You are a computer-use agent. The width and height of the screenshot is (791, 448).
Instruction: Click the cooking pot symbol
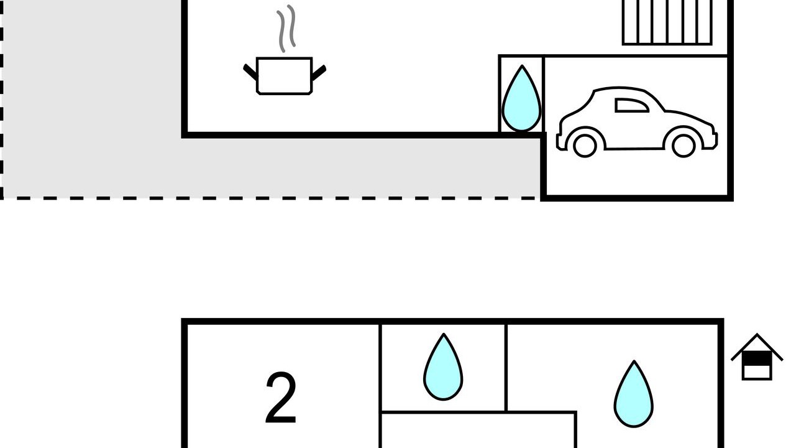click(285, 76)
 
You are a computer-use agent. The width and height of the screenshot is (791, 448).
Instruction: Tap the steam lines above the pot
click(286, 28)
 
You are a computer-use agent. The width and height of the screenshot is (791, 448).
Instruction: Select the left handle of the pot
click(250, 72)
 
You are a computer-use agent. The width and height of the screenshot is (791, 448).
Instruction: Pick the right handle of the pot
click(319, 73)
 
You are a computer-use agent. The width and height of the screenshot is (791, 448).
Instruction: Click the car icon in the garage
click(637, 122)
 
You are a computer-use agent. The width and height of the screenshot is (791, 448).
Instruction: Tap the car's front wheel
click(684, 146)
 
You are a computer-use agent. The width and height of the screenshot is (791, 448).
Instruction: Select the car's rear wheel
click(585, 146)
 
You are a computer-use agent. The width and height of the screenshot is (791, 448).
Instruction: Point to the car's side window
click(632, 105)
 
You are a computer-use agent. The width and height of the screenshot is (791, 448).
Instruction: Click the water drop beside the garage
click(521, 98)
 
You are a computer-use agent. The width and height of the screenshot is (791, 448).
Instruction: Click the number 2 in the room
click(281, 397)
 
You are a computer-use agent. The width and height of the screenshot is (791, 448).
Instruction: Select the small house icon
click(757, 357)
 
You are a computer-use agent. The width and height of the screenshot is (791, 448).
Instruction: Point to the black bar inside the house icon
click(757, 358)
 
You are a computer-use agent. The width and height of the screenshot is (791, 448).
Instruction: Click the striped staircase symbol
click(667, 22)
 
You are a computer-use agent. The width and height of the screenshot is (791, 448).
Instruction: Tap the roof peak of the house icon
click(757, 334)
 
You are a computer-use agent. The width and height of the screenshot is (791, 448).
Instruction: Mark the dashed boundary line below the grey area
click(268, 198)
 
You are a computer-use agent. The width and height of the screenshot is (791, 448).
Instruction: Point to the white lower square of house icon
click(757, 372)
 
